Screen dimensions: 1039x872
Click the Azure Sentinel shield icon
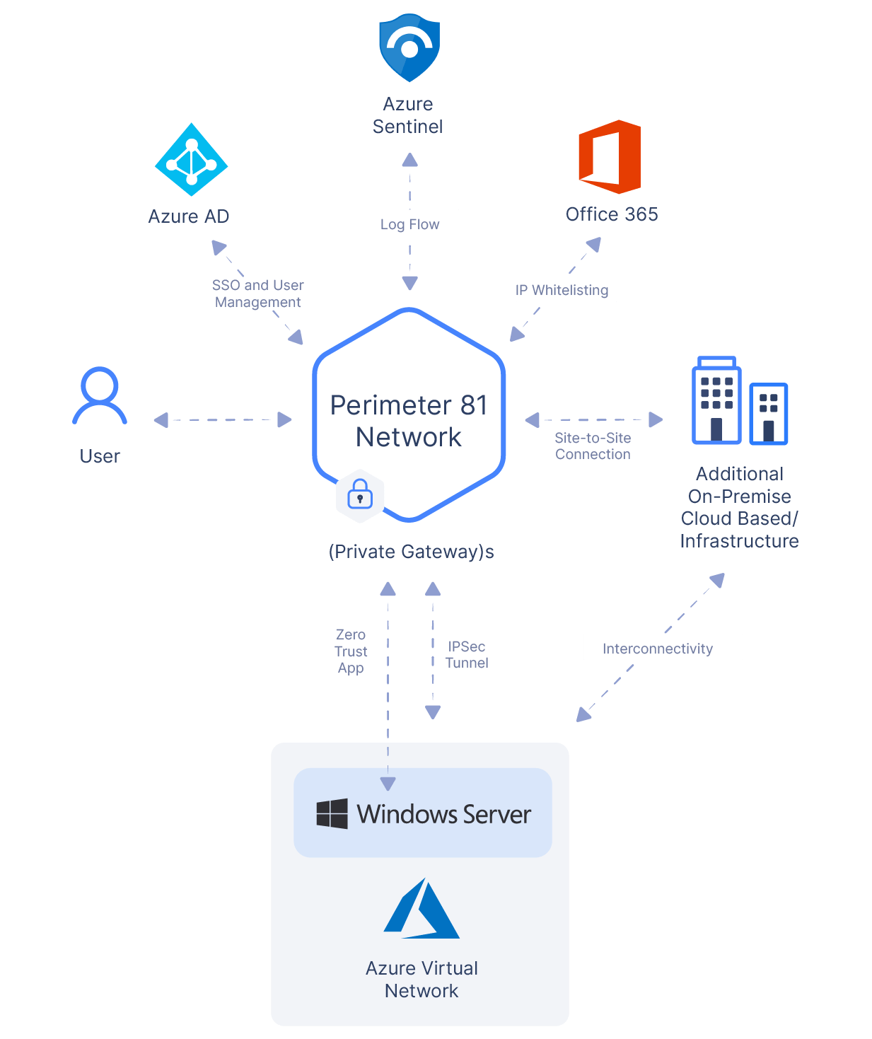410,47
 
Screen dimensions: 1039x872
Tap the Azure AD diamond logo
191,160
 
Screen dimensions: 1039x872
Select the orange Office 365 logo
610,157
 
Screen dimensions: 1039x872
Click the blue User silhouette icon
100,395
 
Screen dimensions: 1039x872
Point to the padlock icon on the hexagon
360,494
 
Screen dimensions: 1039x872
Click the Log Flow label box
409,224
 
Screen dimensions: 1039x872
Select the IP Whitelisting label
566,289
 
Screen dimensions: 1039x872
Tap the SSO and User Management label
256,294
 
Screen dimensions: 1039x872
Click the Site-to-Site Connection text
593,446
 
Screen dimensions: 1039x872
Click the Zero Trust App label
351,651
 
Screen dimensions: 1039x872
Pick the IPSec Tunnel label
467,655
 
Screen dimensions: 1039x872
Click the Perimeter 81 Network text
409,421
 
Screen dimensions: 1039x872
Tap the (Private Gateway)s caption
411,552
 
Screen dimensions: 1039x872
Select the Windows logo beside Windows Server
332,814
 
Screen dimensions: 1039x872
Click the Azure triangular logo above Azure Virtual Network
422,910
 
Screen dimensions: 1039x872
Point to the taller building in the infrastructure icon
716,401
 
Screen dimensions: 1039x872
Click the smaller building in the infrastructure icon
768,414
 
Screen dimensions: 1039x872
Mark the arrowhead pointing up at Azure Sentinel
410,160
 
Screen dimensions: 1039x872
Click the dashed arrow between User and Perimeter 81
223,420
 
